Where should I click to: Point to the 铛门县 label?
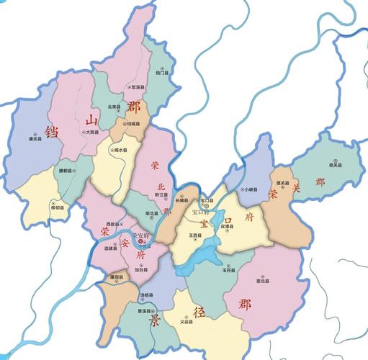[x=162, y=73]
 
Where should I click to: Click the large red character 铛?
[x=51, y=132]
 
